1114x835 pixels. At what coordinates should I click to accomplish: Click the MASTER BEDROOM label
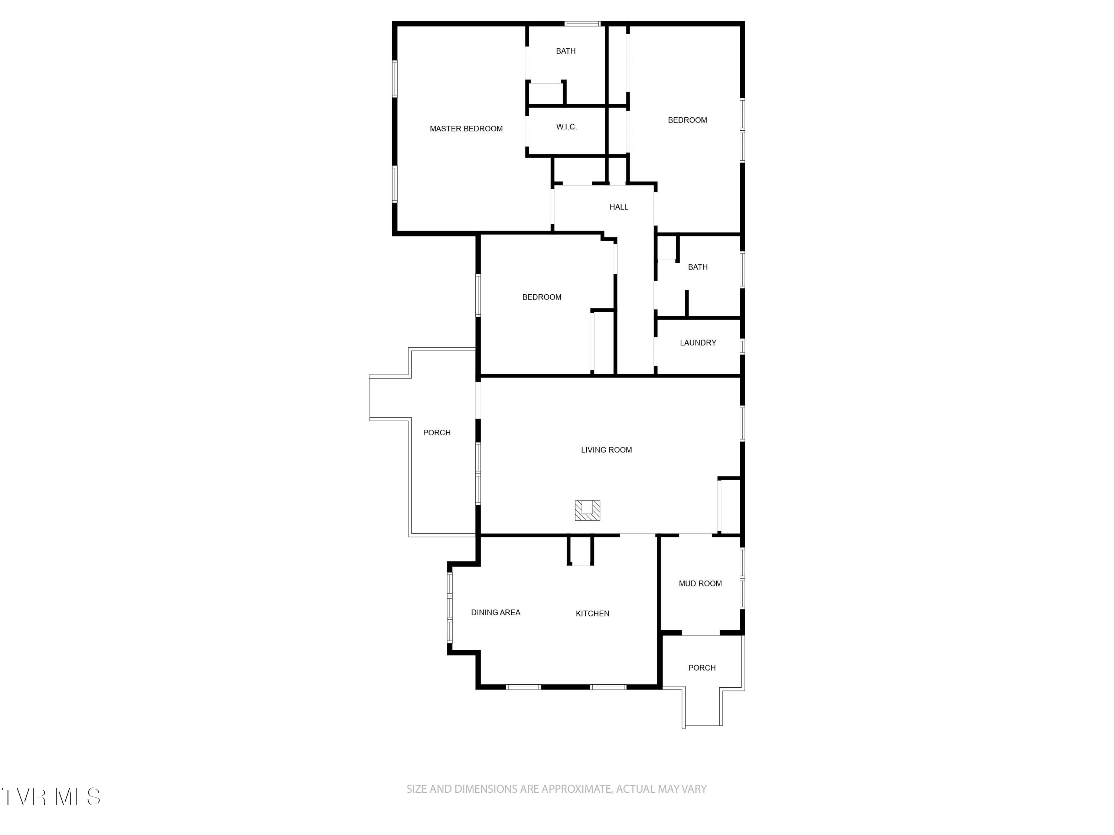(x=466, y=129)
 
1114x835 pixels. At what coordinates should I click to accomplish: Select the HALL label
(x=618, y=207)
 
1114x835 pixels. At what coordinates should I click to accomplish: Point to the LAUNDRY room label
(x=697, y=343)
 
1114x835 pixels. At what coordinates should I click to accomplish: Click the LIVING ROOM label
(x=606, y=450)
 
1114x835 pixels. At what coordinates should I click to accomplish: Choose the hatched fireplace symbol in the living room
(x=587, y=510)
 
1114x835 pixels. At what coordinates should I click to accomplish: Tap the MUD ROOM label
(x=700, y=583)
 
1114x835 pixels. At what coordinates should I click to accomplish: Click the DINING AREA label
(x=496, y=613)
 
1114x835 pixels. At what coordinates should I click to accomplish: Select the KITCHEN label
(x=592, y=613)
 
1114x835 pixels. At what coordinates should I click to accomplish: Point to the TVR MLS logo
(x=51, y=797)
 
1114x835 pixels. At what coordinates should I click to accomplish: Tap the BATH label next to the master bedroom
(x=566, y=51)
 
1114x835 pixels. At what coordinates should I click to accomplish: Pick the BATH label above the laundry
(x=697, y=267)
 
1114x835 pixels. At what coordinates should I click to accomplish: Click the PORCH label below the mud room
(x=701, y=668)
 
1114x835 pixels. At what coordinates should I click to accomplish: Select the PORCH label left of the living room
(x=437, y=433)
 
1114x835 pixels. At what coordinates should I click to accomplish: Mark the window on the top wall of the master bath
(x=582, y=24)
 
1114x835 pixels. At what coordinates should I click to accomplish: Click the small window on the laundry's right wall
(x=742, y=346)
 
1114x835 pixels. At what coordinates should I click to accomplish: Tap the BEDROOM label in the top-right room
(x=687, y=120)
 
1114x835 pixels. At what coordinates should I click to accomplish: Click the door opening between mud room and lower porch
(x=701, y=633)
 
